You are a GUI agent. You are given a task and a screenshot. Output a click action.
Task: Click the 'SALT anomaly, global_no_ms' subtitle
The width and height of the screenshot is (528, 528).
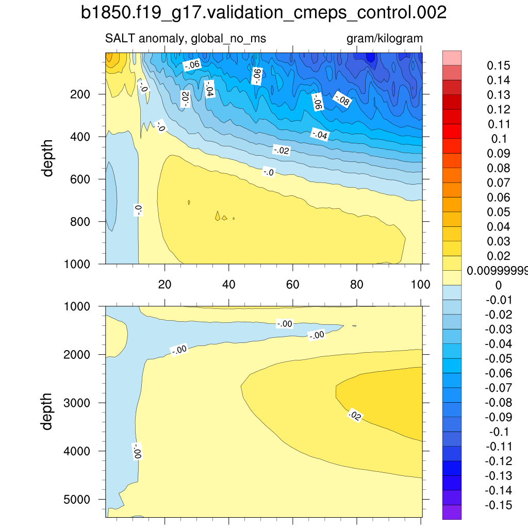(185, 39)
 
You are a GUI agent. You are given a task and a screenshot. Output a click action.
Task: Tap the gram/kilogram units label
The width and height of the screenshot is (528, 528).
(384, 39)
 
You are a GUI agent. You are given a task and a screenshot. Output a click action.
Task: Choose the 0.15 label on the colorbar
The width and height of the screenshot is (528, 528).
(499, 65)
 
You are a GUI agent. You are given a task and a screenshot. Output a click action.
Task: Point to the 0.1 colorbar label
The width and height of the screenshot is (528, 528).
(500, 139)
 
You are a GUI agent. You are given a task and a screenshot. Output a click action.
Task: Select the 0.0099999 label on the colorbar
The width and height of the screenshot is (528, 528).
(497, 271)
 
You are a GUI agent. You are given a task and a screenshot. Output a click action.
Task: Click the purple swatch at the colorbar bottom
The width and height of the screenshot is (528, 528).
(452, 511)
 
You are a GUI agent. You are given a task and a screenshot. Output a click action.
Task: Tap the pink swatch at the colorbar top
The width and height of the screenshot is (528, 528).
(452, 58)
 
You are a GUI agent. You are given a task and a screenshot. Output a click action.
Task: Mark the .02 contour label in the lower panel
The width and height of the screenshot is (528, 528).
(354, 415)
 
